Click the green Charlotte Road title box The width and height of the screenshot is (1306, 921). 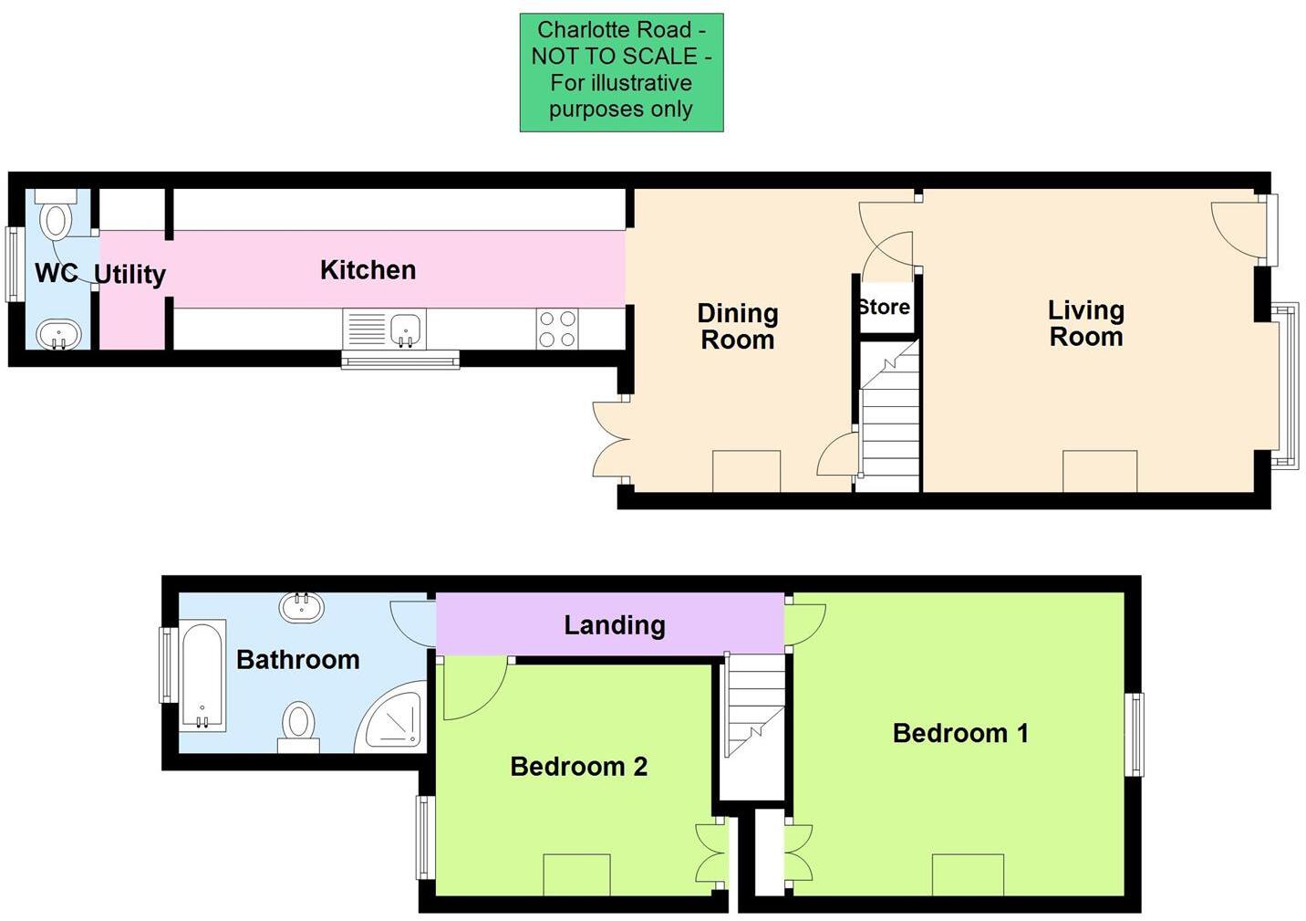tap(621, 72)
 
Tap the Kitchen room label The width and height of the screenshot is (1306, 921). tap(368, 270)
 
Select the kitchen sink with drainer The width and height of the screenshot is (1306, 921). tap(384, 330)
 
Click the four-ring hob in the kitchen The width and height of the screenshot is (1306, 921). tap(557, 330)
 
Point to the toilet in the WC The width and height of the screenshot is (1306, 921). tap(57, 215)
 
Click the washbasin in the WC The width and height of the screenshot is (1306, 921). tap(57, 334)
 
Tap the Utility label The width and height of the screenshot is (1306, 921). tap(130, 274)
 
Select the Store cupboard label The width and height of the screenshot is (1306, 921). tap(884, 308)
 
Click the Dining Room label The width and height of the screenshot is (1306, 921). tap(737, 326)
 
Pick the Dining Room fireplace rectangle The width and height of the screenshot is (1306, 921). tap(746, 471)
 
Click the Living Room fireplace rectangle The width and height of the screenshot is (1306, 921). tap(1099, 471)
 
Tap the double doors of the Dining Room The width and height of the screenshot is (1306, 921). tap(609, 439)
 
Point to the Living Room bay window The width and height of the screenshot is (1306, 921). tap(1286, 385)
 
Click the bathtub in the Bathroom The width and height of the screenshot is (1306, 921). tap(202, 675)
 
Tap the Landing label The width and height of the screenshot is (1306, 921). tap(614, 625)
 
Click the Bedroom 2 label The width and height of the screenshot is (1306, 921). tap(578, 767)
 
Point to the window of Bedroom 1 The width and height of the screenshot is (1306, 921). tap(1134, 735)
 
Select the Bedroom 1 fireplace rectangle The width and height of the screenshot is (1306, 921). tap(968, 874)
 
